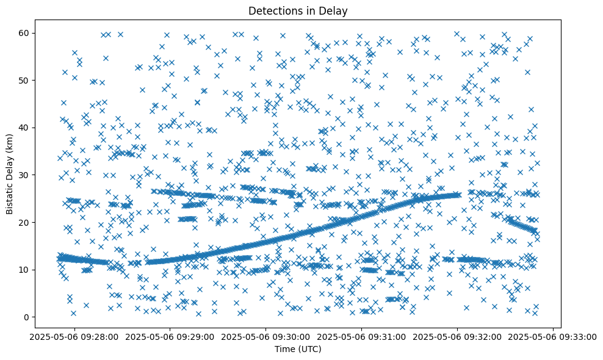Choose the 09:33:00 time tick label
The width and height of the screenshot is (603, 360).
(x=553, y=336)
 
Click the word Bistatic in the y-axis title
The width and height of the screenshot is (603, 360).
(x=10, y=194)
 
